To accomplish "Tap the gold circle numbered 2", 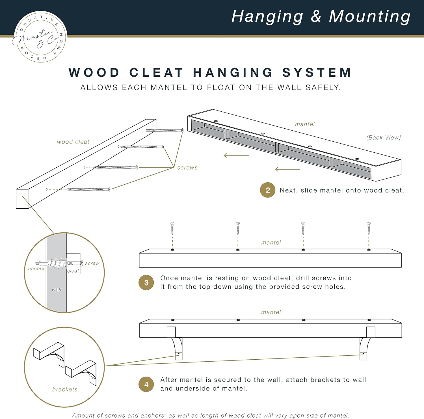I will point(267,190).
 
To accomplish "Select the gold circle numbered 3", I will point(146,282).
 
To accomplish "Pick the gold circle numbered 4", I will point(146,384).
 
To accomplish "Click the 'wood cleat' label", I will point(73,142).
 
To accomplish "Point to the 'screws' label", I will point(187,168).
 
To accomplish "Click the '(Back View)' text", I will point(384,138).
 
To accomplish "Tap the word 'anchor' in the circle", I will point(36,269).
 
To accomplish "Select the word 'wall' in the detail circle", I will point(57,290).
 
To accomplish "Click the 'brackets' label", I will point(65,389).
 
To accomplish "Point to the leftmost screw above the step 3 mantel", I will point(172,228).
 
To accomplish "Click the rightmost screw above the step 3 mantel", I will point(369,228).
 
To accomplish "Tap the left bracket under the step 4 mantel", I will point(177,346).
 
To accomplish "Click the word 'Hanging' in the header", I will point(267,16).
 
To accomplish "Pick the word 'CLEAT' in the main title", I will point(156,73).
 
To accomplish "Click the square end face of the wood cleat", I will point(22,199).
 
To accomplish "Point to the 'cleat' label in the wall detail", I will point(73,271).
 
